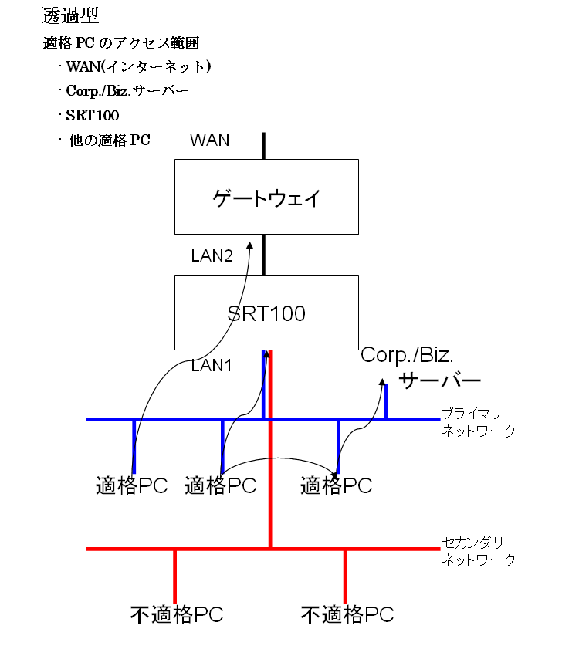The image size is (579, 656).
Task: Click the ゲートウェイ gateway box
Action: pos(266,197)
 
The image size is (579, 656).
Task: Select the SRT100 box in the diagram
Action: pos(266,313)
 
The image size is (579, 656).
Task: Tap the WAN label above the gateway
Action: pos(209,140)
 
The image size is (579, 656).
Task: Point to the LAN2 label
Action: pos(212,255)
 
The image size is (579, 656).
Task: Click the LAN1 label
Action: pos(212,365)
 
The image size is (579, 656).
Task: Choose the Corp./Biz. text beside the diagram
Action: pos(408,356)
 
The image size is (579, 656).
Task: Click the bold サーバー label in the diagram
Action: pos(439,380)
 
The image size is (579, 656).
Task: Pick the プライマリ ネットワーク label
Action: pos(478,422)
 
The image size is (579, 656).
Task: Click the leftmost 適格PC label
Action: pos(132,486)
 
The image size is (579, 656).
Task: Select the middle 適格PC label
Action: pos(220,486)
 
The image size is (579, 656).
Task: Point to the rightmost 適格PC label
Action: pos(336,486)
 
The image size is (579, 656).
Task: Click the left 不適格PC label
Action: pos(177,615)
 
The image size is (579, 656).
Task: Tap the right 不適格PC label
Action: pos(347,615)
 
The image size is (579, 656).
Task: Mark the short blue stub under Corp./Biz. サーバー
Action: pos(386,402)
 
